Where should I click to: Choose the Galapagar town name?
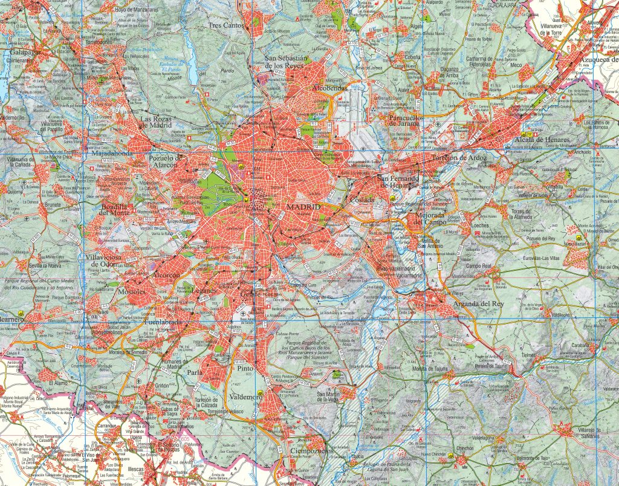tap(26, 53)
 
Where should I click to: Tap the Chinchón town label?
tap(465, 448)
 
